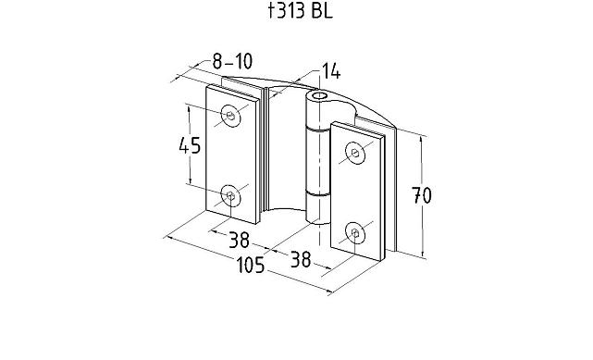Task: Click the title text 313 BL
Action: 301,10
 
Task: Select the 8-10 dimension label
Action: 232,61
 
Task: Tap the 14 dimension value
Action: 331,70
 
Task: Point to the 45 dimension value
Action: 190,145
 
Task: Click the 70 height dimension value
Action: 421,195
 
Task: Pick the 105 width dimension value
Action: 251,265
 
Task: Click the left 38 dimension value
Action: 240,239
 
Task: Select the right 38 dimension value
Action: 301,259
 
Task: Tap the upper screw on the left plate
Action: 230,115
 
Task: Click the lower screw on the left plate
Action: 230,195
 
